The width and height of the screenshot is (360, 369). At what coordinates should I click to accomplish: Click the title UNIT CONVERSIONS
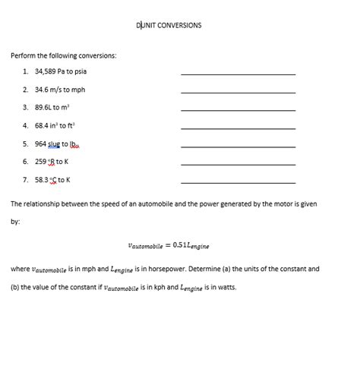click(x=170, y=25)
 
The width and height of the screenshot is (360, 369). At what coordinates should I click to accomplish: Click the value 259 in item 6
click(x=41, y=162)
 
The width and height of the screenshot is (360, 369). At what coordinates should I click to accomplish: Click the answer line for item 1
click(x=238, y=74)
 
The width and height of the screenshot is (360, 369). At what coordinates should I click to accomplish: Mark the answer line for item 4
click(x=238, y=128)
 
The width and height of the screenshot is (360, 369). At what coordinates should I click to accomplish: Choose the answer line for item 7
click(x=238, y=182)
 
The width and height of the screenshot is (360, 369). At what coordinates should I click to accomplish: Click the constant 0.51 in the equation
click(x=181, y=245)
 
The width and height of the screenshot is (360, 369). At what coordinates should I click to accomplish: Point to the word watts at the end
click(x=226, y=288)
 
